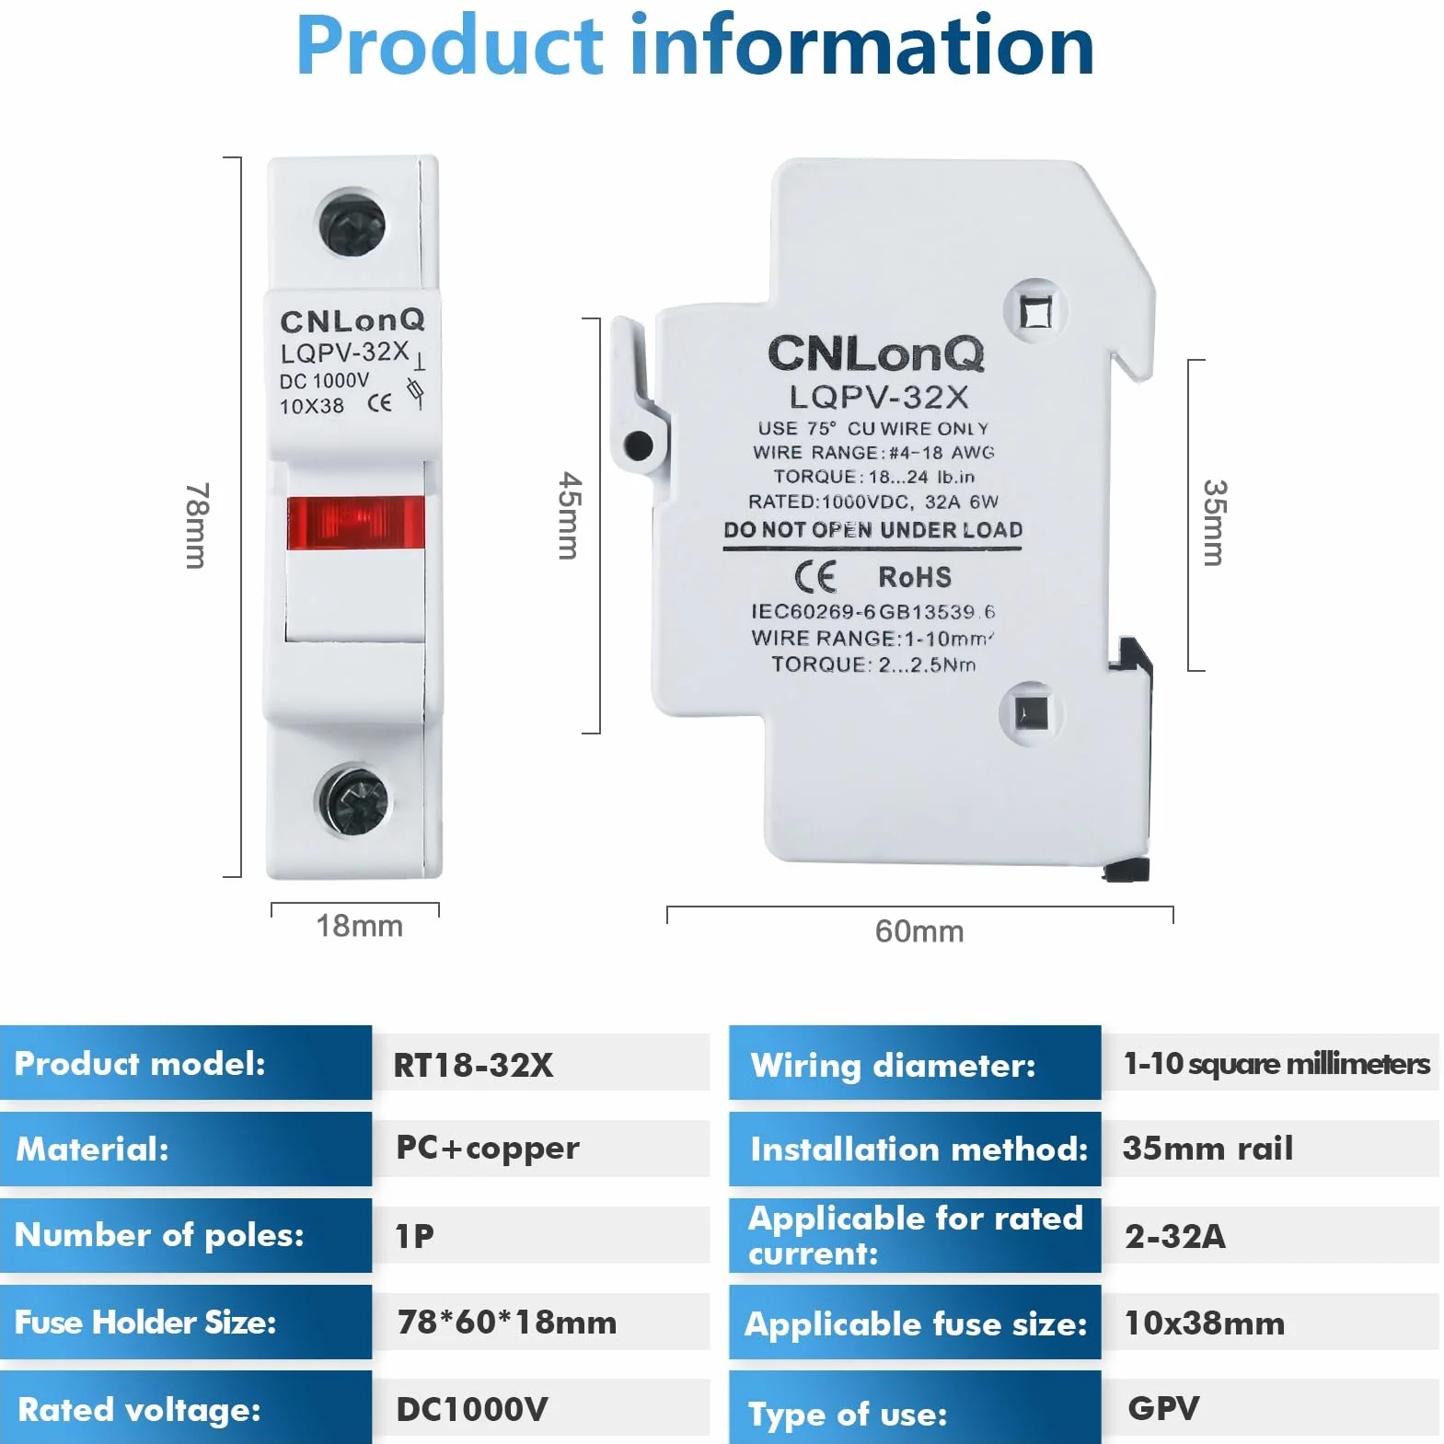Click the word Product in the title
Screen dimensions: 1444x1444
click(x=450, y=45)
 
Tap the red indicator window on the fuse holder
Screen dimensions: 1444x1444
click(x=355, y=523)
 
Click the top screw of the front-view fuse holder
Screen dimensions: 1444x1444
click(x=352, y=224)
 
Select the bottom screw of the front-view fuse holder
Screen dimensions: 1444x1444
click(x=353, y=801)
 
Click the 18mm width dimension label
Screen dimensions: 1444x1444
click(x=360, y=926)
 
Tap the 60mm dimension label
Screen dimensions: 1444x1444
click(x=919, y=931)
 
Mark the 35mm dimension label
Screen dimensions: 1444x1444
click(x=1215, y=523)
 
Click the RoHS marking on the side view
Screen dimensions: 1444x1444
click(x=915, y=577)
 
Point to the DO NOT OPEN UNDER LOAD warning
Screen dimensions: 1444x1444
click(x=873, y=530)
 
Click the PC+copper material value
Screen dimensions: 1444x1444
click(x=488, y=1148)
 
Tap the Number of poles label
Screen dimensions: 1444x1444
click(x=159, y=1235)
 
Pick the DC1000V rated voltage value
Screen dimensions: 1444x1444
click(x=472, y=1409)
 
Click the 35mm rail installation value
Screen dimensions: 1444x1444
click(x=1207, y=1149)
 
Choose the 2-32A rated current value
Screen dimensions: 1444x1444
click(x=1175, y=1236)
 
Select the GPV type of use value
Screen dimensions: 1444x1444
click(x=1163, y=1408)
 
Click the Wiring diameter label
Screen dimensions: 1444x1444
click(x=893, y=1066)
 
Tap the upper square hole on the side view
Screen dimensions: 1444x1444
click(x=1036, y=312)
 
